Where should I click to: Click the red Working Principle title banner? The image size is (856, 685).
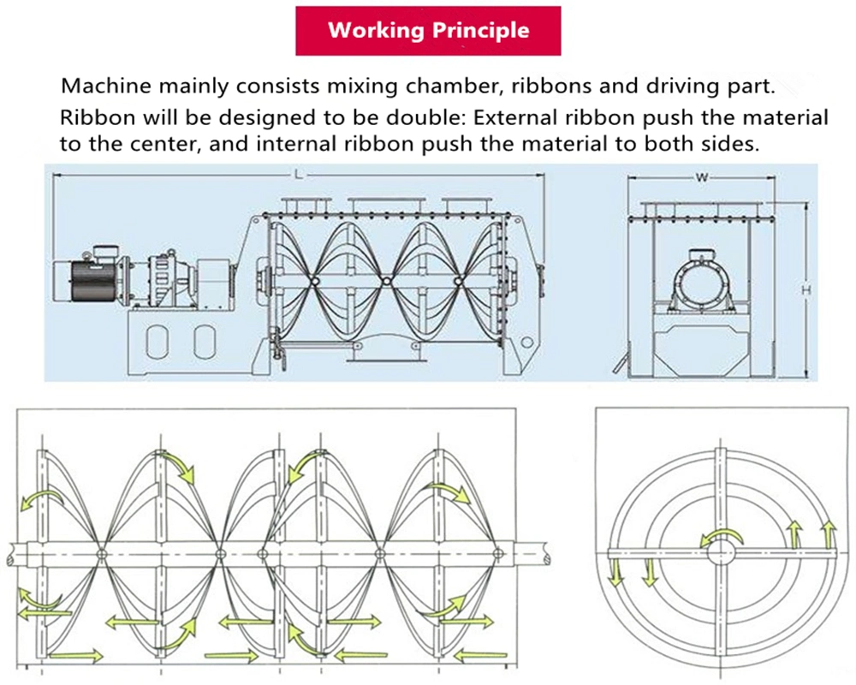click(428, 32)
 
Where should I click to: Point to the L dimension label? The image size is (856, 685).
click(297, 175)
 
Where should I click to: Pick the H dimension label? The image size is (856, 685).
click(805, 291)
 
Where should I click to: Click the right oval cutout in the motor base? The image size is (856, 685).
click(203, 342)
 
